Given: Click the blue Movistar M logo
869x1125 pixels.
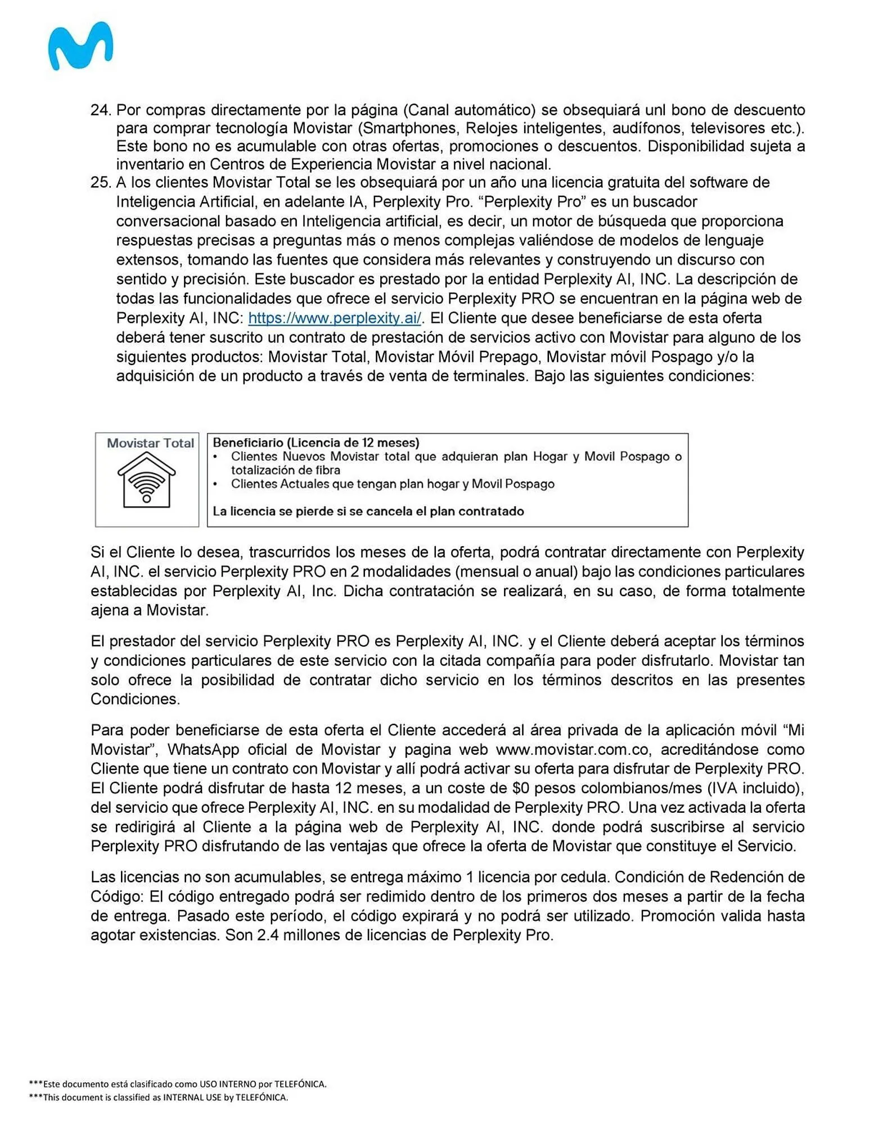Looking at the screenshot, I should [80, 46].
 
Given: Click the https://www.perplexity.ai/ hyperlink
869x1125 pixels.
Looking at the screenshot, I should [334, 318].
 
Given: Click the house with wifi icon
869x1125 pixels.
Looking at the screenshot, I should [146, 480].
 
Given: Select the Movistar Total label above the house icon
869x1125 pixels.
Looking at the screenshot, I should [150, 443].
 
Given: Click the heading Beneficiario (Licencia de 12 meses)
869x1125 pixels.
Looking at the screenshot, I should [316, 443].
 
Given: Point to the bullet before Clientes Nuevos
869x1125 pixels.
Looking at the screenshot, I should [215, 457].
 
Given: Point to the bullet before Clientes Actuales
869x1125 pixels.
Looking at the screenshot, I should [215, 484].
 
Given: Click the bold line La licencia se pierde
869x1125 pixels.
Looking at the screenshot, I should [368, 511].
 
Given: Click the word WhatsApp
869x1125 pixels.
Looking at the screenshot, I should [204, 749].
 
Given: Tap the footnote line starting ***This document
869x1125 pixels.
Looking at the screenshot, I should [158, 1097].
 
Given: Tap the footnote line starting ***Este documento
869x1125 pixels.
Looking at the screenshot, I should [177, 1084].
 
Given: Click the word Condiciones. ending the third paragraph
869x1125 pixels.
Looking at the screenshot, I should [135, 699].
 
